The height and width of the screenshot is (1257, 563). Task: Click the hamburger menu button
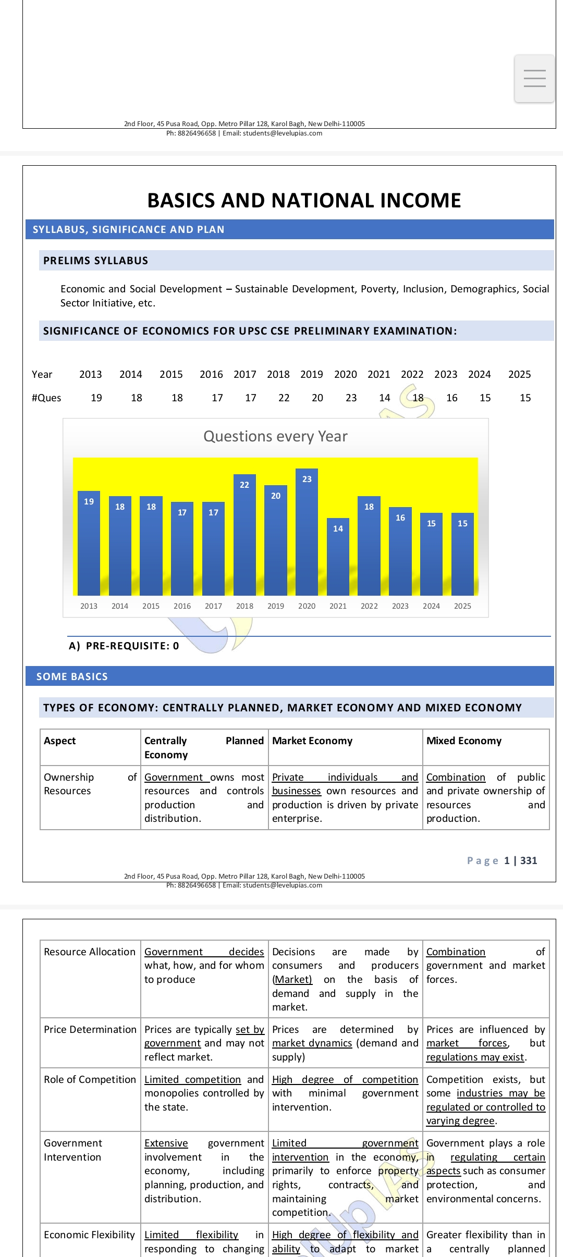click(x=534, y=78)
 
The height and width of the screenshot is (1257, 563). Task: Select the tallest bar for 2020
click(x=307, y=532)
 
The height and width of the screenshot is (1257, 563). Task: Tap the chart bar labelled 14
click(x=338, y=556)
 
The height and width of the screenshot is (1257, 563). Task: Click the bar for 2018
click(x=244, y=534)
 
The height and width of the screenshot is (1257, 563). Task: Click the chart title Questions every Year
click(x=275, y=436)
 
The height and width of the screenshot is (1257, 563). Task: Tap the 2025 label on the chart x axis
click(x=462, y=606)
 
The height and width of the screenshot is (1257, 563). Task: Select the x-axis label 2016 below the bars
click(x=182, y=606)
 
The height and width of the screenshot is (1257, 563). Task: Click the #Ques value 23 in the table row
click(x=351, y=398)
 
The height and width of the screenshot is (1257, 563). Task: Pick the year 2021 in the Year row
click(x=379, y=374)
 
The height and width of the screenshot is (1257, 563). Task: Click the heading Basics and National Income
click(x=304, y=201)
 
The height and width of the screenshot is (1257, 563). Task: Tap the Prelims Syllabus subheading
click(x=96, y=261)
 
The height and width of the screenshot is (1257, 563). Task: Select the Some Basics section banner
click(x=72, y=676)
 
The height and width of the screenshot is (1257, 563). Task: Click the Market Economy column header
click(x=312, y=741)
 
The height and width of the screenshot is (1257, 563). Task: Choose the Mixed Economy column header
click(x=464, y=741)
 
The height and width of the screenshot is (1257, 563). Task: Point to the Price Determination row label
click(x=90, y=1029)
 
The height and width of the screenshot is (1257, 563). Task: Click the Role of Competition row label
click(x=90, y=1079)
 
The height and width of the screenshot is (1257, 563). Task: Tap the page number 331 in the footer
click(x=529, y=860)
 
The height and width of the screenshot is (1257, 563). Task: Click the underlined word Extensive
click(x=166, y=1143)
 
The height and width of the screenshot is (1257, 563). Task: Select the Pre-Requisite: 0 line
click(x=124, y=646)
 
